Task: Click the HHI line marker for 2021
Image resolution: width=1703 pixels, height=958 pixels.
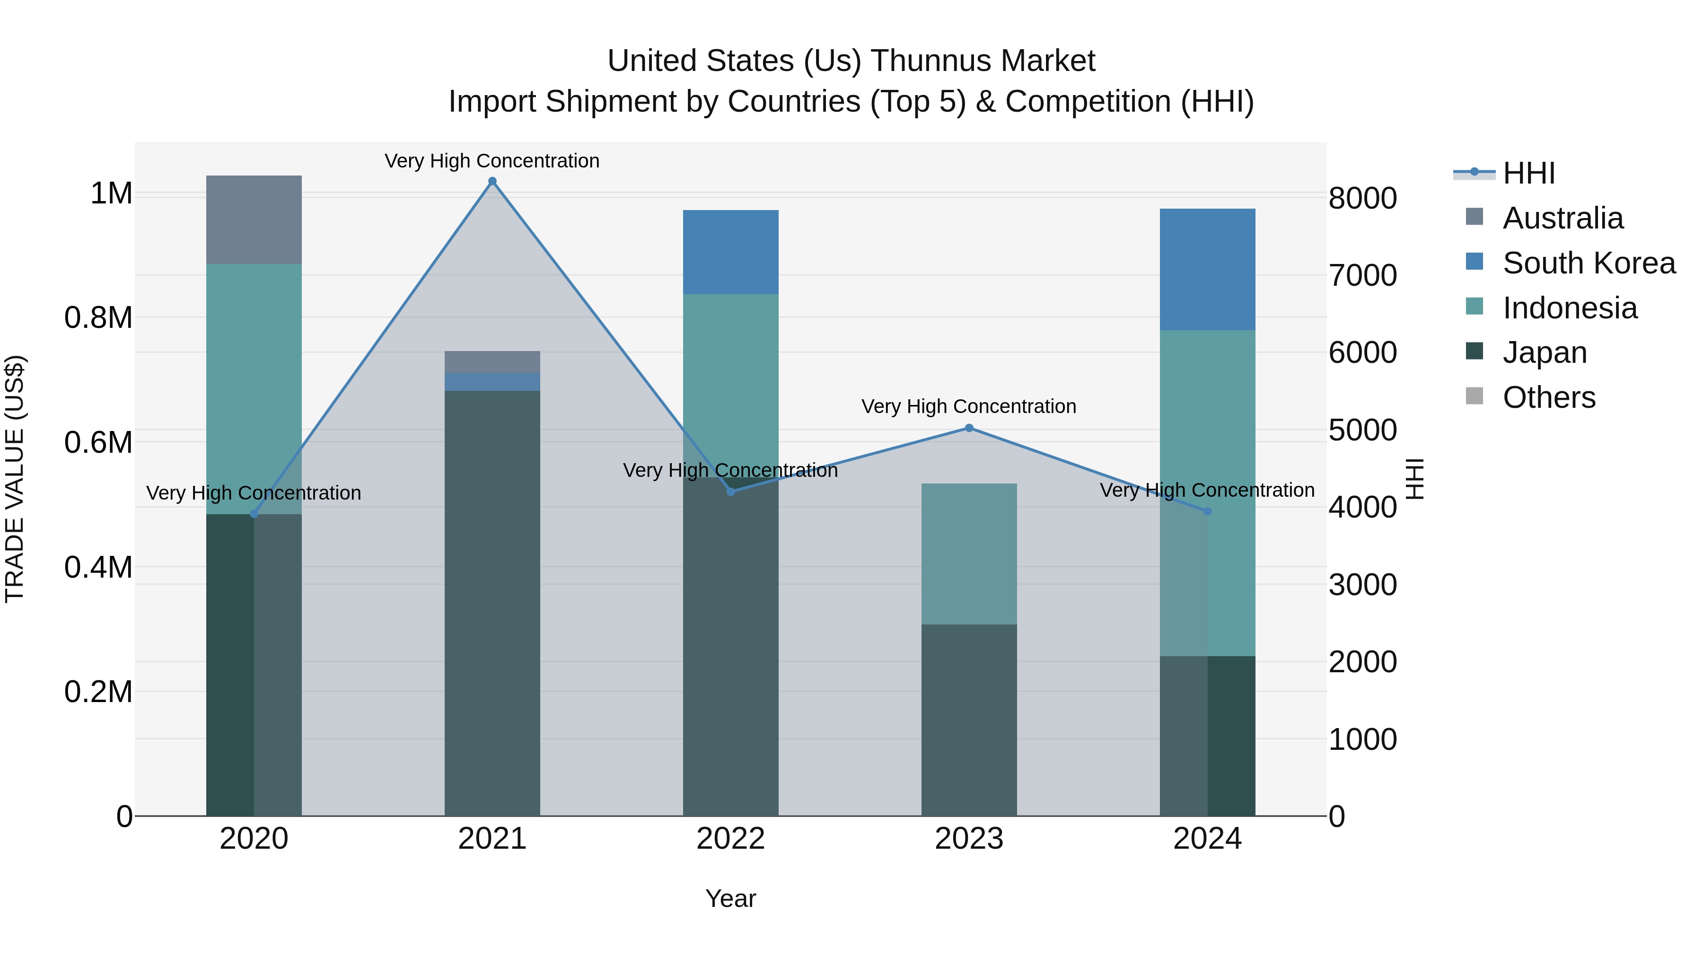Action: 492,181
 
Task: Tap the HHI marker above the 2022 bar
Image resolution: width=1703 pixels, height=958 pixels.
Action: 730,491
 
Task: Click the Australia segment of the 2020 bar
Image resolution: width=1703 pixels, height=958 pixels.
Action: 254,220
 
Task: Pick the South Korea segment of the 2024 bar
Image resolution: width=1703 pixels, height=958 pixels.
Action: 1207,269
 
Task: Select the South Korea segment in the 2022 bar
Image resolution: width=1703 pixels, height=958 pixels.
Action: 730,252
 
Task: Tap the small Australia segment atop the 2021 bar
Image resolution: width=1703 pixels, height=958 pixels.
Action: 492,361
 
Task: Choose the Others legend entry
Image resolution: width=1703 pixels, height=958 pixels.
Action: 1549,397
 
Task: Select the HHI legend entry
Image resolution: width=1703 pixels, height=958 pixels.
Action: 1528,173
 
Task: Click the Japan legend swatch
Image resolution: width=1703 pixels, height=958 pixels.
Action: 1474,352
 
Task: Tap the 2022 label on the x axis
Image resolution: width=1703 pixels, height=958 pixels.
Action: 730,839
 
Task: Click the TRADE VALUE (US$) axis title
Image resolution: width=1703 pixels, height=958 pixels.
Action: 15,479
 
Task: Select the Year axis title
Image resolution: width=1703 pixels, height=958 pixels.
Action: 730,898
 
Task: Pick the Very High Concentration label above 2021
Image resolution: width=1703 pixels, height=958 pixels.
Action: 492,161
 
